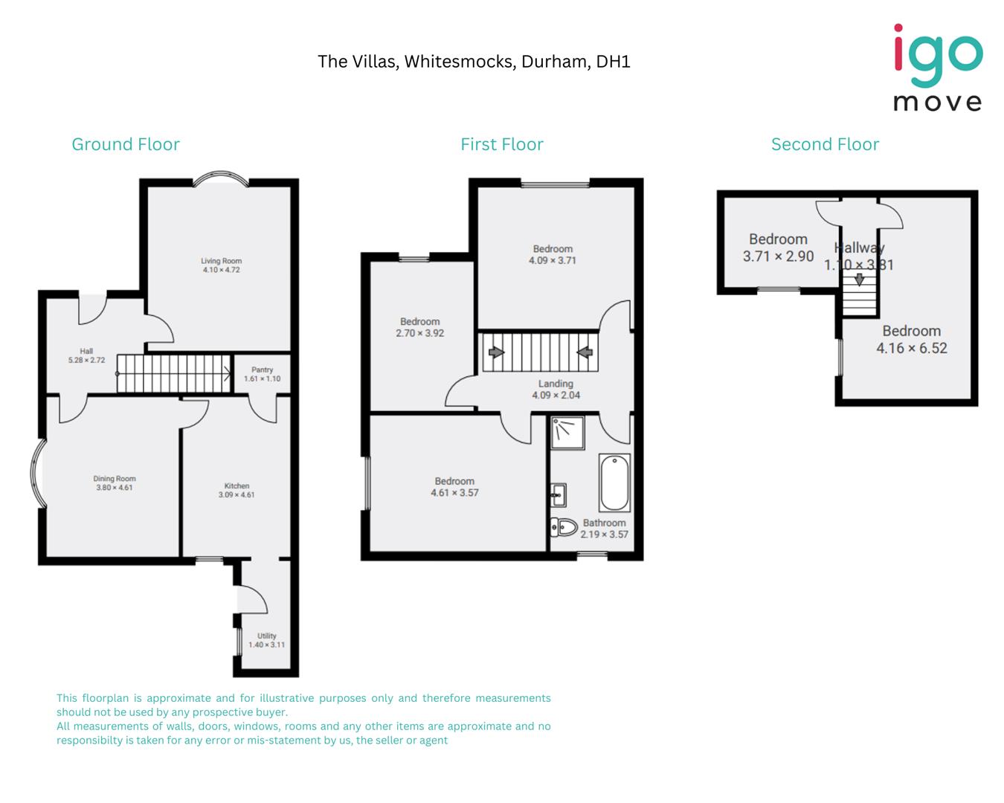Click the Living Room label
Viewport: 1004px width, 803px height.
point(221,261)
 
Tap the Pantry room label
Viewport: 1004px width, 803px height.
point(262,370)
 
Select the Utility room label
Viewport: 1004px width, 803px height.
point(266,636)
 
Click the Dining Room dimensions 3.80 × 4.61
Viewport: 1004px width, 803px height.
point(115,488)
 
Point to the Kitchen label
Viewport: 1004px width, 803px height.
point(236,486)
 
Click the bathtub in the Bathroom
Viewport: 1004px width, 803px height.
point(614,483)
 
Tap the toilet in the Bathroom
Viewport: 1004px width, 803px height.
point(564,527)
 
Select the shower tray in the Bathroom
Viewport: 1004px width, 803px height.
point(567,433)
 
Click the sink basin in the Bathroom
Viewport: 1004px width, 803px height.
point(558,494)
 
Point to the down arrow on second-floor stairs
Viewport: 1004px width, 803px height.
point(859,280)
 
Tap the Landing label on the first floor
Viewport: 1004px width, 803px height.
point(556,384)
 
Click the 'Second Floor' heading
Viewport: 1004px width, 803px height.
point(825,144)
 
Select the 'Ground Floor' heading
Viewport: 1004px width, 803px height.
point(126,144)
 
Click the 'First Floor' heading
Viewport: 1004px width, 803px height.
point(502,144)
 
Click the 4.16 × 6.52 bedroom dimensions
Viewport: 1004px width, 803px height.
point(912,348)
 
